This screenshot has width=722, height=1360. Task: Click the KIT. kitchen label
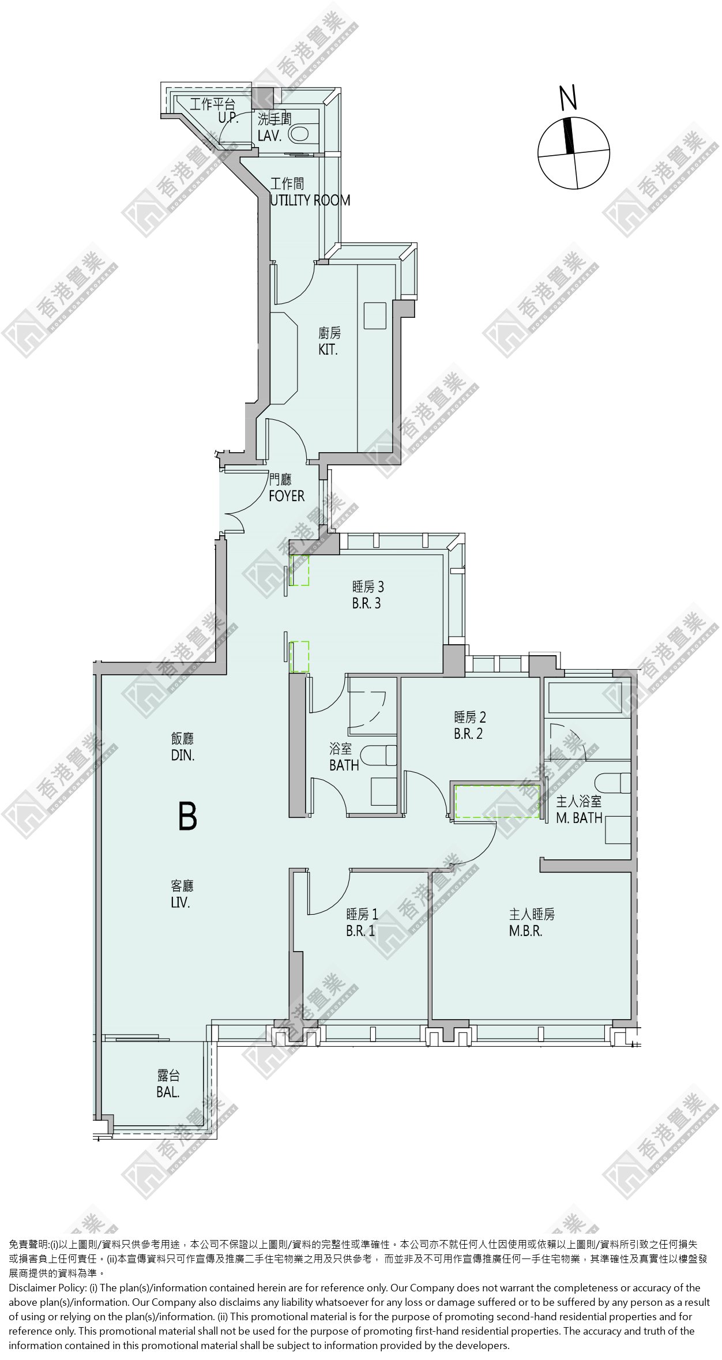(x=328, y=350)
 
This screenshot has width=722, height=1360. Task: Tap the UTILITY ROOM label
(x=310, y=200)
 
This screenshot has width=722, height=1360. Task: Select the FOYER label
(x=287, y=496)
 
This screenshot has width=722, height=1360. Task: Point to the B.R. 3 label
(x=367, y=603)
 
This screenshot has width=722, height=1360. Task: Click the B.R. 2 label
(x=468, y=734)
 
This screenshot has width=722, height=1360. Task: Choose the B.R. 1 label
(x=360, y=931)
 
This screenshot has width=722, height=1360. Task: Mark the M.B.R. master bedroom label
(x=525, y=931)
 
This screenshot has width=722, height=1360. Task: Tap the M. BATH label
(x=580, y=817)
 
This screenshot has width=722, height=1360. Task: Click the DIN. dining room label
(x=183, y=754)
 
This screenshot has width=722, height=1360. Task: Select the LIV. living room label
(x=180, y=902)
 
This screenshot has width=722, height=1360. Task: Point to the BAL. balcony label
(x=168, y=1092)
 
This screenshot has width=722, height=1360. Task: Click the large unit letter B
(x=187, y=816)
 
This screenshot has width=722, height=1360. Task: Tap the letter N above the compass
(x=569, y=97)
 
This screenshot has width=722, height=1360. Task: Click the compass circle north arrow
(x=569, y=136)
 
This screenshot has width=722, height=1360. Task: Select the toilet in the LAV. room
(x=303, y=134)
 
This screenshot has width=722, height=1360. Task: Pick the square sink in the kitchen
(x=375, y=315)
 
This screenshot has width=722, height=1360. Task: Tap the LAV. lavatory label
(x=270, y=136)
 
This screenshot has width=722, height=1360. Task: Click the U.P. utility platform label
(x=228, y=118)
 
